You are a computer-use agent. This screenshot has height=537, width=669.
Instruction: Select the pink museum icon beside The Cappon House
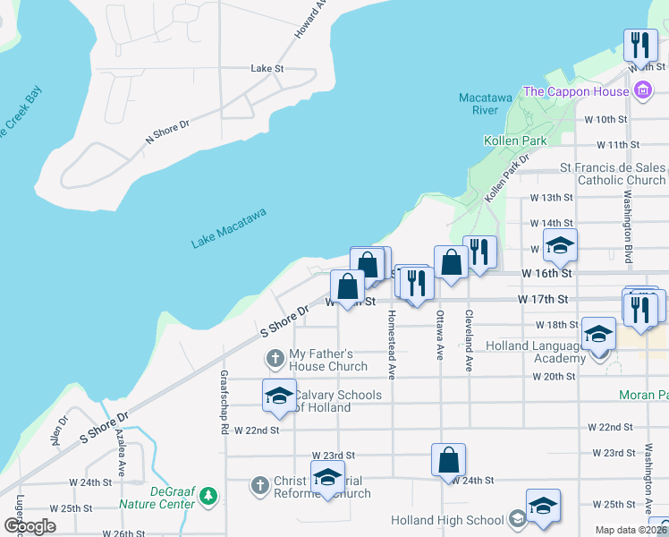(x=641, y=90)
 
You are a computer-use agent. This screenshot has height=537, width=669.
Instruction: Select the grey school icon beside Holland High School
(x=518, y=519)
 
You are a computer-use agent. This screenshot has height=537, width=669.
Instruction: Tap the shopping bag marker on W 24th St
(x=449, y=461)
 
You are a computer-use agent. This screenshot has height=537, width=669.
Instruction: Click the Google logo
(x=30, y=526)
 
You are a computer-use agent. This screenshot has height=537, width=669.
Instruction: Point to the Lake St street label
(x=267, y=68)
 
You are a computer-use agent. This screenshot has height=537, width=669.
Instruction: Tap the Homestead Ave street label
(x=391, y=343)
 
